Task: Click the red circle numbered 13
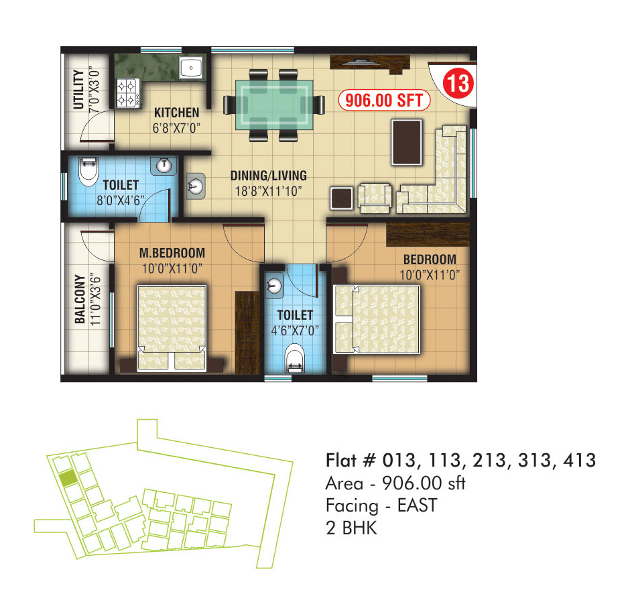click(x=458, y=83)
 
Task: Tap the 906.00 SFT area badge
click(x=384, y=100)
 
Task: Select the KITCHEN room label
click(x=176, y=113)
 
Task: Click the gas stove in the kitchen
click(x=128, y=93)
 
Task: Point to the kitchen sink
click(x=191, y=68)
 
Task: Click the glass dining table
click(x=274, y=105)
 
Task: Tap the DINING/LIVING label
click(x=269, y=176)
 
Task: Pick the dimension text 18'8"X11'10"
click(x=268, y=191)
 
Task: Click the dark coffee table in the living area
click(x=407, y=142)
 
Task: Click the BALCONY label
click(x=80, y=299)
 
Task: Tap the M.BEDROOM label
click(x=172, y=253)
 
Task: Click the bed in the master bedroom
click(x=172, y=328)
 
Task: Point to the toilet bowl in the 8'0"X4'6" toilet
click(x=88, y=171)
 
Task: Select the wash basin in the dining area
click(x=196, y=186)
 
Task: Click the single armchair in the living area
click(x=375, y=198)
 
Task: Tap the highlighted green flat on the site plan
click(x=68, y=477)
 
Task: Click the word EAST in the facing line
click(x=417, y=506)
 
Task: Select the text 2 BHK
click(x=351, y=528)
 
